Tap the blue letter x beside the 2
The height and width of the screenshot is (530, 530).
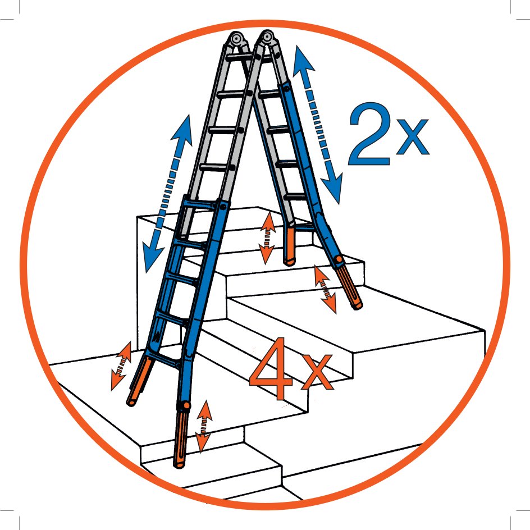pyautogui.click(x=412, y=136)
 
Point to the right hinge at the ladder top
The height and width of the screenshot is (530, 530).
pyautogui.click(x=267, y=38)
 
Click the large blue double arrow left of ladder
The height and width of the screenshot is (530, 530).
pyautogui.click(x=167, y=193)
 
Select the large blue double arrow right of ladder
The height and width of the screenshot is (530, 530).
pyautogui.click(x=318, y=125)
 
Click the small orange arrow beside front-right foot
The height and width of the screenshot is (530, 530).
pyautogui.click(x=204, y=426)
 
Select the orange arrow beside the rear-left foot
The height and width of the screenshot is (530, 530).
pyautogui.click(x=267, y=238)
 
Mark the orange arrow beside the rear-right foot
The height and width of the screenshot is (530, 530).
pyautogui.click(x=325, y=289)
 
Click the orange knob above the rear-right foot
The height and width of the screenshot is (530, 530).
pyautogui.click(x=339, y=259)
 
